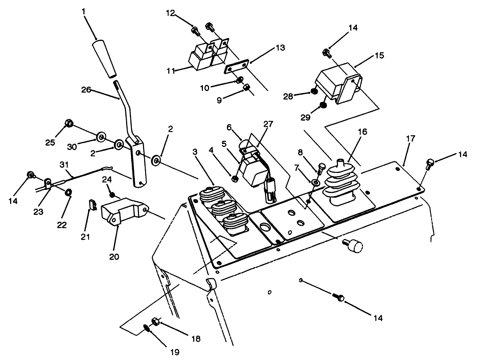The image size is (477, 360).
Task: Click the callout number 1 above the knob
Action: (83, 12)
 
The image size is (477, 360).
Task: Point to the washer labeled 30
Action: (100, 137)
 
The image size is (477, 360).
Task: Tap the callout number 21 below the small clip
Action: (85, 237)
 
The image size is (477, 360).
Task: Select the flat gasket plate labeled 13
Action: (235, 68)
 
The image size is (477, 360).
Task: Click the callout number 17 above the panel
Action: (411, 139)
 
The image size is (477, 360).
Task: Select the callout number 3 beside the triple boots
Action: (195, 152)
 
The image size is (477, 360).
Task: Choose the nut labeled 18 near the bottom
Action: (155, 321)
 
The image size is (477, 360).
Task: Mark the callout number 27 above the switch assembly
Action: (268, 125)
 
